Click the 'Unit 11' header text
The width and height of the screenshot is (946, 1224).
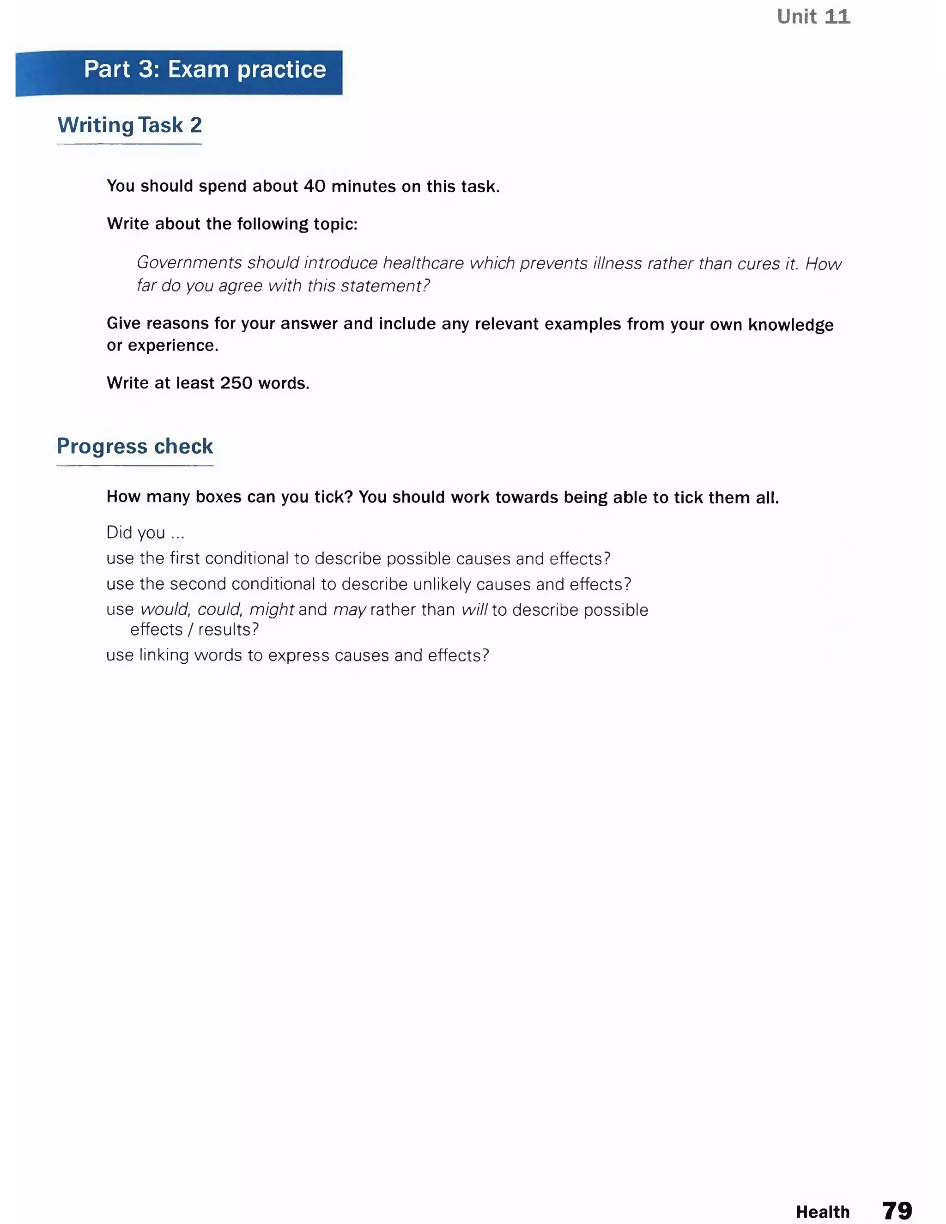click(813, 17)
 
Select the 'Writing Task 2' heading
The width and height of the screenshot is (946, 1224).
click(129, 125)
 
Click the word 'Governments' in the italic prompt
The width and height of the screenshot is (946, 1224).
click(189, 263)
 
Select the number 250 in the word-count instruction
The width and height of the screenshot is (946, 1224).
click(236, 383)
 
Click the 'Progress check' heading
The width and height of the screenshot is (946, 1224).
click(134, 446)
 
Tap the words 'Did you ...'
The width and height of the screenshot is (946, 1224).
click(145, 533)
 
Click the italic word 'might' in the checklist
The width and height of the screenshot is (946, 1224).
click(271, 610)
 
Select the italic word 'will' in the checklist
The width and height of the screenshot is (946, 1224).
click(474, 610)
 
